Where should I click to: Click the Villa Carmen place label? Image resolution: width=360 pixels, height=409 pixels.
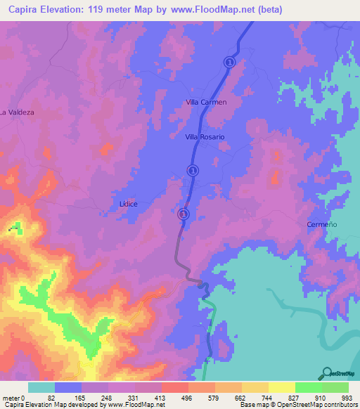[x=206, y=102]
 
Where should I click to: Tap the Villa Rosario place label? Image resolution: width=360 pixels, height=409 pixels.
[x=205, y=137]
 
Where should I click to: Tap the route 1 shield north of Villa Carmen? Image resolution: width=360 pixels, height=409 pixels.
[x=229, y=63]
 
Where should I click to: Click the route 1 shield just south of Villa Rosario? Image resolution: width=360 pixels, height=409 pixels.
[x=192, y=169]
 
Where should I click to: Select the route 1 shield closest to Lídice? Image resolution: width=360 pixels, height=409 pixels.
[x=183, y=214]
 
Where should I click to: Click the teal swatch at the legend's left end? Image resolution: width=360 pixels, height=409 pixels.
[x=41, y=387]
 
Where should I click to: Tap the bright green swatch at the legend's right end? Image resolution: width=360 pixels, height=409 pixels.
[x=335, y=387]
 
